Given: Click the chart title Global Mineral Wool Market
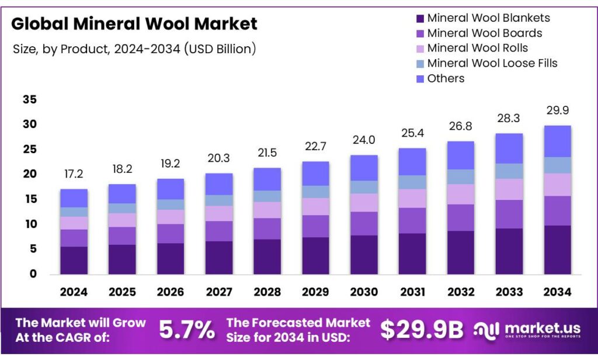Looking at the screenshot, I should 134,24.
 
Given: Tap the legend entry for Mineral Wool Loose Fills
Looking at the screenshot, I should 492,63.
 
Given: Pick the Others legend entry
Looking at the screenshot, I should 446,78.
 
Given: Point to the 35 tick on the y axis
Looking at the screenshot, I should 30,100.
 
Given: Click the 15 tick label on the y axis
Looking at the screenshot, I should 30,200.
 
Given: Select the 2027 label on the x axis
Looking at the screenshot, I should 219,292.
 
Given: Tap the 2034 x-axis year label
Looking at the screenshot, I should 557,292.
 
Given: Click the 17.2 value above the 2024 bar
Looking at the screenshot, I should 74,174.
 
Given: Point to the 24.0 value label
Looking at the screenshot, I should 364,140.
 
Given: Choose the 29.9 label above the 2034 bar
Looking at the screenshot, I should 557,110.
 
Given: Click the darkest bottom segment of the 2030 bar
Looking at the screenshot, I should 364,255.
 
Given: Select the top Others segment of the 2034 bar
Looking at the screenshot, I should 557,141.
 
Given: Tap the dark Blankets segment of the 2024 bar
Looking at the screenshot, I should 74,260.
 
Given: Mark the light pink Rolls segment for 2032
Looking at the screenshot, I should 461,194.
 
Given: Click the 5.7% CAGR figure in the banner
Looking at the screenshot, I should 187,331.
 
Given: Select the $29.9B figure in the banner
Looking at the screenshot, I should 422,331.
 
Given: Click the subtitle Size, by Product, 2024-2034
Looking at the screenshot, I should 134,49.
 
